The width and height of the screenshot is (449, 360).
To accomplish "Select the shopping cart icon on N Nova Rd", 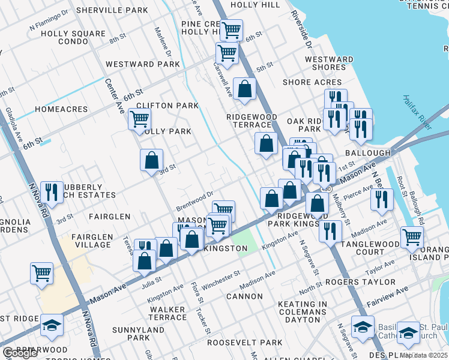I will pos(41,274).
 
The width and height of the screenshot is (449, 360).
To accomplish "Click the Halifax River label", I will pos(417,112).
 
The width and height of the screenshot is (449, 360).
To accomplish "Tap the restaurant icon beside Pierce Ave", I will pos(382,200).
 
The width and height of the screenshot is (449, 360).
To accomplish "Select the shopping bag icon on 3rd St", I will pos(152,161).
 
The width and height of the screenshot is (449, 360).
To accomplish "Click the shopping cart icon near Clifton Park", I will pos(139,119).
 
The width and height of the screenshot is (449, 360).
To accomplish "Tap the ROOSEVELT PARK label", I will pos(244,343).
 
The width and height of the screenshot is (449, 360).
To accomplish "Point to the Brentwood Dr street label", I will pos(194,201).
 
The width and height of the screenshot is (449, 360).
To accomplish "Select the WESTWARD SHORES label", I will pos(329,63).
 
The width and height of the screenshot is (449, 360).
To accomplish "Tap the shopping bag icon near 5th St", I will pos(245,90).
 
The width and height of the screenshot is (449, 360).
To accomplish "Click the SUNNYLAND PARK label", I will pos(138,334).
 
